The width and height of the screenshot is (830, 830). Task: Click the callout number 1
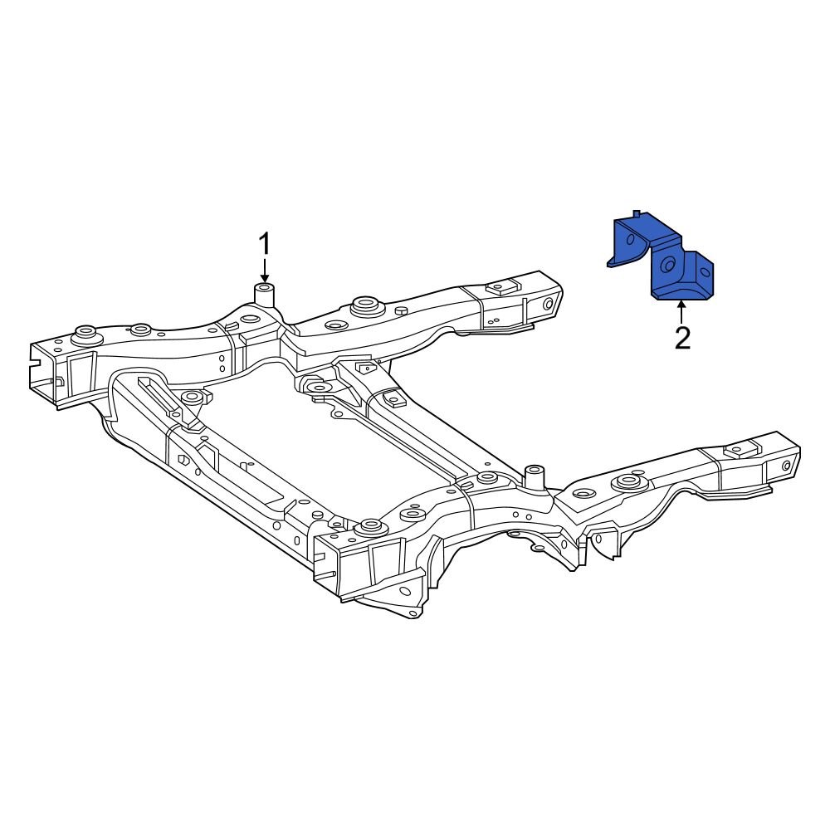point(265,245)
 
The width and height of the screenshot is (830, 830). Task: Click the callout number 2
point(682,338)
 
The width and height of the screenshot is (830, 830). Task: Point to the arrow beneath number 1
point(265,271)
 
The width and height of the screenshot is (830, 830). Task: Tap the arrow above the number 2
point(682,313)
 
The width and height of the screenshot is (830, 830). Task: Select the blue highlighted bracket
point(664,257)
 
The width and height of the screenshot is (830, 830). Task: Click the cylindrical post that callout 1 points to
point(265,293)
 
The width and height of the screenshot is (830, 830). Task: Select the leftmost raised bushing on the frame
point(84,334)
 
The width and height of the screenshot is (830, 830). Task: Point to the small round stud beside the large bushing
point(402,310)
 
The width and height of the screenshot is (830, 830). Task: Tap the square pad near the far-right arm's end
point(737,451)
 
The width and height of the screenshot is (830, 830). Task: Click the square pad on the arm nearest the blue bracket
point(500,288)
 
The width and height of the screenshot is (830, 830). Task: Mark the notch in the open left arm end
point(35,357)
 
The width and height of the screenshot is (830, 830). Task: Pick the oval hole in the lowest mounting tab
point(406,591)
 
